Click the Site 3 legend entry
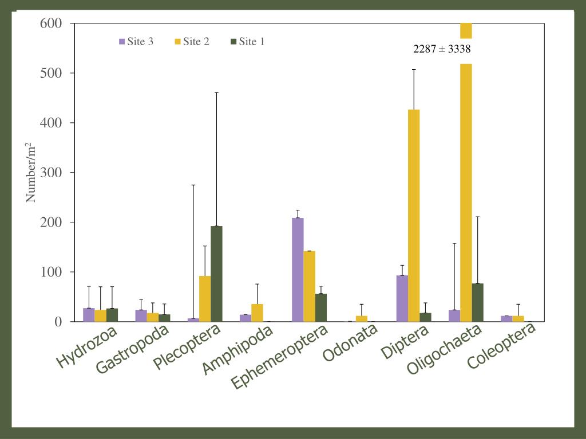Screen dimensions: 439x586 [x=136, y=41]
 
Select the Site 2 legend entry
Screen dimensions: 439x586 [x=192, y=41]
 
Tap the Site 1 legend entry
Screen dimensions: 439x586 [x=247, y=41]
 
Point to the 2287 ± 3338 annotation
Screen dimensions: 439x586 [x=442, y=49]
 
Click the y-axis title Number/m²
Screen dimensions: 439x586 [x=31, y=172]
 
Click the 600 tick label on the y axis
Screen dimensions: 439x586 [x=52, y=23]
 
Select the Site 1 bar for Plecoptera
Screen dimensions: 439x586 [x=216, y=273]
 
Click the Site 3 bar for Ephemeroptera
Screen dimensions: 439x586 [x=298, y=269]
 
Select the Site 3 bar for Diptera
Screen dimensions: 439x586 [x=402, y=298]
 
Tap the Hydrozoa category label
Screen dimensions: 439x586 [x=87, y=346]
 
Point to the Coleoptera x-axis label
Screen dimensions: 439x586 [x=502, y=345]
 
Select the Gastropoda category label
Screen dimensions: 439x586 [x=132, y=349]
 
